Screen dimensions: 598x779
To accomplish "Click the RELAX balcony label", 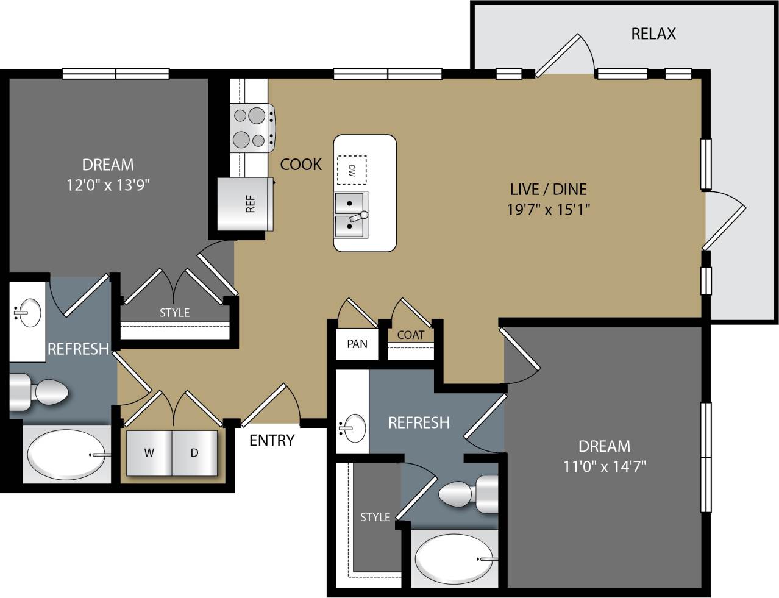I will [653, 34].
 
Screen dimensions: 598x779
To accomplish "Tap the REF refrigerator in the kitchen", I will [246, 204].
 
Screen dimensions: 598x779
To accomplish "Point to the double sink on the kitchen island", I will [350, 214].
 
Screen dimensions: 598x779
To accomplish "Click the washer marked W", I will [149, 453].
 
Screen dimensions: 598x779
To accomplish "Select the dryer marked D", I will [194, 453].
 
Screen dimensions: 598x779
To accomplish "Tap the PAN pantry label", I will [357, 344].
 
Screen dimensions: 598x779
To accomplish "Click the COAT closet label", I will [410, 335].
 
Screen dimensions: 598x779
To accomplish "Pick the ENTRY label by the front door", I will [272, 440].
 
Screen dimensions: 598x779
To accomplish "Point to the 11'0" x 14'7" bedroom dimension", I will [604, 467].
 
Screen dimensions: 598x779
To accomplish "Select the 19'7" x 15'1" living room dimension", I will [549, 210].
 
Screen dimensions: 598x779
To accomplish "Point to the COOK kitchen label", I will [301, 164].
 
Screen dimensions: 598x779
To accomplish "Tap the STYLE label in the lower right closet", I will [375, 517].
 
